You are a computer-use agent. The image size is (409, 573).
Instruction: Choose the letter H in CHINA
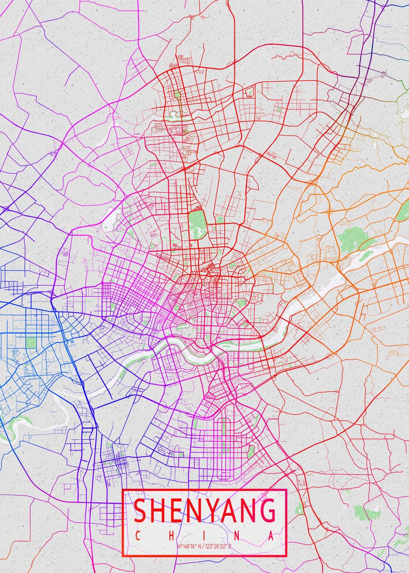tap(170, 536)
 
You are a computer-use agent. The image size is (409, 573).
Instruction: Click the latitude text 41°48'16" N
tap(189, 546)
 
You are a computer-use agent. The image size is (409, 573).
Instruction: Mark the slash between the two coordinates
tap(203, 546)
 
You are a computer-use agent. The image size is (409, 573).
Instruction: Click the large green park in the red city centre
tap(196, 221)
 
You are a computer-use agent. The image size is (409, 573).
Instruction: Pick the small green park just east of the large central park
tap(220, 220)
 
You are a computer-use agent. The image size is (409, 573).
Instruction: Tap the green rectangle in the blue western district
tap(31, 342)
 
